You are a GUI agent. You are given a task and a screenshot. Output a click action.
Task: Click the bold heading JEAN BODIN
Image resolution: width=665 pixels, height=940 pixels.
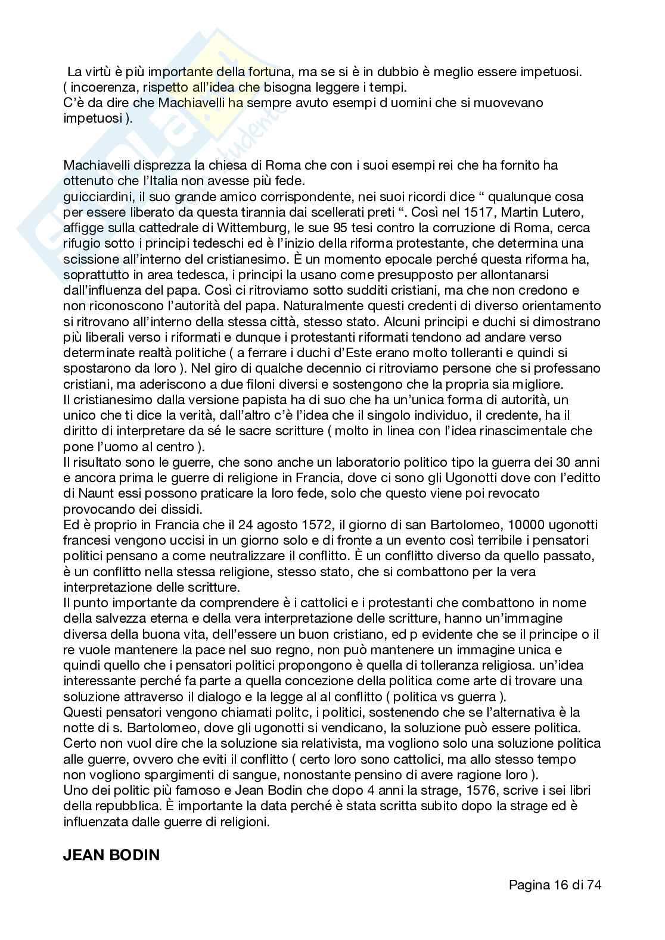(111, 855)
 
